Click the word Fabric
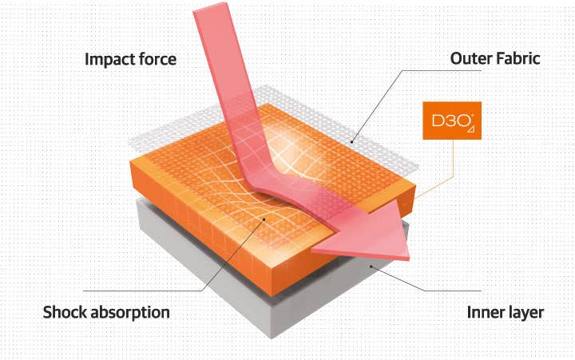click(x=517, y=58)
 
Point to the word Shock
click(x=65, y=312)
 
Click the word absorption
click(x=130, y=313)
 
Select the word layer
click(x=525, y=314)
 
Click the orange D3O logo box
click(x=452, y=121)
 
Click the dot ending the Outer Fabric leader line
click(x=352, y=141)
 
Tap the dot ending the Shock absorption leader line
click(x=264, y=220)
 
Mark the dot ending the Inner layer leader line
click(x=371, y=267)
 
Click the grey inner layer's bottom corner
click(x=272, y=338)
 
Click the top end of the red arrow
click(x=210, y=8)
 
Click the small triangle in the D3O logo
click(x=471, y=129)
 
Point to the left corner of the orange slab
click(x=131, y=163)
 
